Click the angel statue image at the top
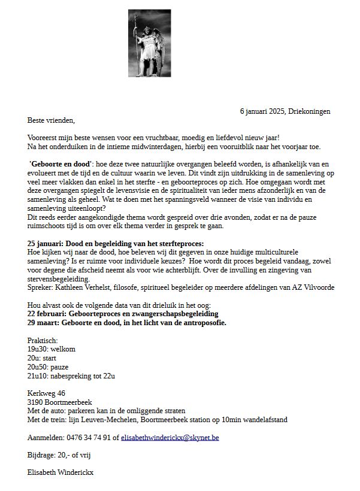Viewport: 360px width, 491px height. pyautogui.click(x=149, y=43)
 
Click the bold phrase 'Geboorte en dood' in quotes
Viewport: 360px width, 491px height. pyautogui.click(x=60, y=164)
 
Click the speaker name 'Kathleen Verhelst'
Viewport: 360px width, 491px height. pyautogui.click(x=84, y=287)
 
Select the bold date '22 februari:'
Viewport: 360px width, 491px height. pyautogui.click(x=49, y=314)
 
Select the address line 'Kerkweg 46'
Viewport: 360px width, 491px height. pyautogui.click(x=46, y=393)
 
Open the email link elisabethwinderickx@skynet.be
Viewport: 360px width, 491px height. pyautogui.click(x=170, y=438)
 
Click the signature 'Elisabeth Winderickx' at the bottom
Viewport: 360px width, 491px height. pyautogui.click(x=60, y=472)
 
